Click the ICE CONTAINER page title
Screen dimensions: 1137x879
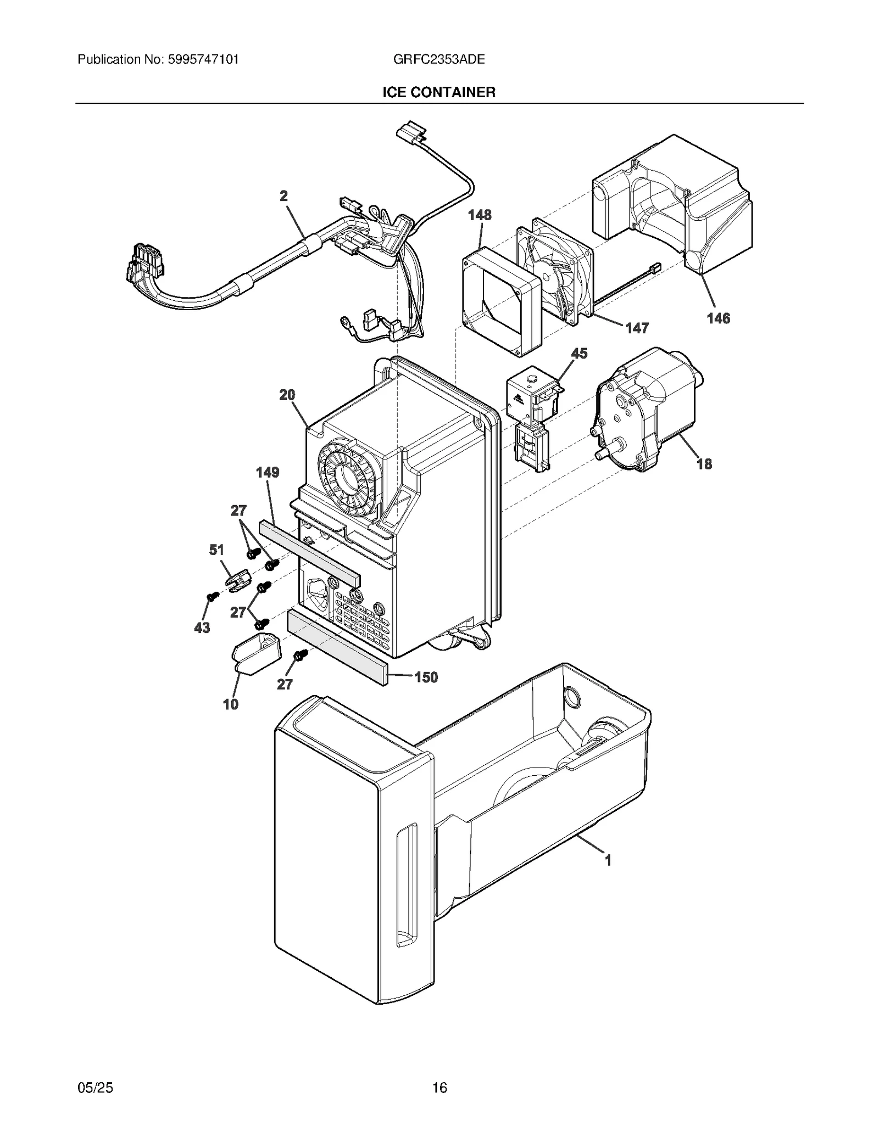coord(439,92)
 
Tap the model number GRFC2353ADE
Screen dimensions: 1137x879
coord(439,59)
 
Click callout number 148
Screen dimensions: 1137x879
coord(480,215)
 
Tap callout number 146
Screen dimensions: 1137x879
coord(718,318)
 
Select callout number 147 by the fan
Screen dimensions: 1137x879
coord(637,328)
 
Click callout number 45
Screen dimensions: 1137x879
coord(579,353)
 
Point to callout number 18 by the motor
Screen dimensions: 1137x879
coord(704,464)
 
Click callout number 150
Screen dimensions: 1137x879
coord(426,677)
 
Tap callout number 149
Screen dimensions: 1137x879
coord(268,472)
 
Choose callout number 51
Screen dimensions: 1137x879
coord(216,550)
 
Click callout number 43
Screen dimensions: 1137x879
coord(202,628)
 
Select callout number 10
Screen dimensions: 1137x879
coord(230,704)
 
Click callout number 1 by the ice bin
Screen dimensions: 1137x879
coord(608,860)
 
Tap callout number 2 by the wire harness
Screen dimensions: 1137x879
coord(283,196)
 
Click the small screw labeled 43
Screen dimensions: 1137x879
coord(210,596)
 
